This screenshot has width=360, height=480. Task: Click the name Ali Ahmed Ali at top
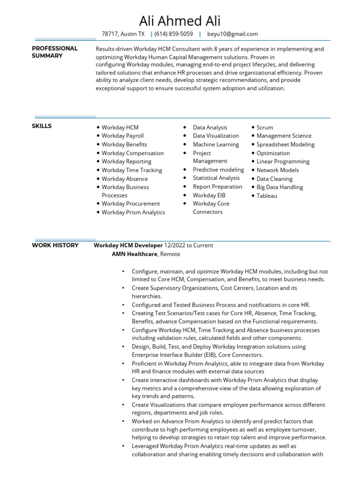click(x=180, y=21)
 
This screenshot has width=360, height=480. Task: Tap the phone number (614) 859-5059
click(x=173, y=34)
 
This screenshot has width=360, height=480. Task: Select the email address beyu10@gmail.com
click(x=232, y=34)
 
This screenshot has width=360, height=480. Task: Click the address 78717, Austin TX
click(x=123, y=34)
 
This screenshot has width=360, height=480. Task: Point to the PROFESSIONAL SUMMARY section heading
click(x=54, y=52)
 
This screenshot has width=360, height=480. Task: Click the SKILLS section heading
click(x=42, y=126)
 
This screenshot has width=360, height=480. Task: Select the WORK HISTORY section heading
click(x=55, y=245)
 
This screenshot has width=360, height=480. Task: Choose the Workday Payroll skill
click(x=123, y=136)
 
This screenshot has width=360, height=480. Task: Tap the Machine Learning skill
click(x=216, y=144)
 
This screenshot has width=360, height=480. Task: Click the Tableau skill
click(x=267, y=196)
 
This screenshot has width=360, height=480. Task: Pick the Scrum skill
click(x=265, y=127)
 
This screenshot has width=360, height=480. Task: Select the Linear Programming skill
click(x=283, y=162)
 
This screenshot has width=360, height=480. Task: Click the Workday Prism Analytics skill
click(x=133, y=212)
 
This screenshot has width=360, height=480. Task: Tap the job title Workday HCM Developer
click(x=128, y=245)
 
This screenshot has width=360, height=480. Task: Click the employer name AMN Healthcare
click(x=135, y=254)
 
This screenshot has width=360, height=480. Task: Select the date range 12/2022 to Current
click(x=188, y=245)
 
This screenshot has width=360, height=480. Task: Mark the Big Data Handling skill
click(x=279, y=187)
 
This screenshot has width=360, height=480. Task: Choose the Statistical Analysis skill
click(x=216, y=178)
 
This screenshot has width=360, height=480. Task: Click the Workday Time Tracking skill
click(x=132, y=170)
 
